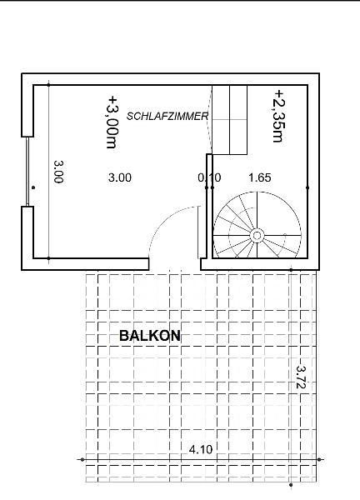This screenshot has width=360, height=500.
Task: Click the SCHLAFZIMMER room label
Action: pyautogui.click(x=167, y=116)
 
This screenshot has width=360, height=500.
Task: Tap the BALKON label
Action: pyautogui.click(x=150, y=336)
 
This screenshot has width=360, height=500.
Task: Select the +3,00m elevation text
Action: pyautogui.click(x=112, y=122)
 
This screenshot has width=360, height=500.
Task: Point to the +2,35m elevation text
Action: pyautogui.click(x=279, y=116)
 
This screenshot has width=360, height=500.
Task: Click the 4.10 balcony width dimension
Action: pyautogui.click(x=201, y=449)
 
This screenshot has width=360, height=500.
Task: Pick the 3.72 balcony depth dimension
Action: pyautogui.click(x=301, y=377)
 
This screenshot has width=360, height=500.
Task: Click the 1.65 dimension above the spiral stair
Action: pyautogui.click(x=260, y=177)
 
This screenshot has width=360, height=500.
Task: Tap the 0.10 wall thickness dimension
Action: pyautogui.click(x=209, y=177)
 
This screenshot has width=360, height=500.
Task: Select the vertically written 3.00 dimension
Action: pyautogui.click(x=58, y=172)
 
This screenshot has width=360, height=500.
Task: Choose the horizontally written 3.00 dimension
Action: pyautogui.click(x=119, y=177)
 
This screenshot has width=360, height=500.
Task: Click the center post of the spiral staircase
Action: pyautogui.click(x=257, y=236)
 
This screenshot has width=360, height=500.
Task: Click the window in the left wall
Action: pyautogui.click(x=27, y=172)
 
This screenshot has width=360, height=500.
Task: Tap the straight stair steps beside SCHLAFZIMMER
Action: pyautogui.click(x=230, y=119)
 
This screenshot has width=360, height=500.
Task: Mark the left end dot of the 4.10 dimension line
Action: pyautogui.click(x=82, y=459)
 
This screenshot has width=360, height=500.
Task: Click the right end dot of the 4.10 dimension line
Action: pyautogui.click(x=319, y=459)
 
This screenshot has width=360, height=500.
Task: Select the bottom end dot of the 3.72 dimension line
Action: pyautogui.click(x=291, y=485)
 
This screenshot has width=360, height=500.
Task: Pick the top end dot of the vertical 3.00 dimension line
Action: pyautogui.click(x=48, y=85)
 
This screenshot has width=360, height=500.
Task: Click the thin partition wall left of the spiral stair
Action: pyautogui.click(x=209, y=207)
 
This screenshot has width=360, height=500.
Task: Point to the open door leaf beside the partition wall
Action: pyautogui.click(x=198, y=232)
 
